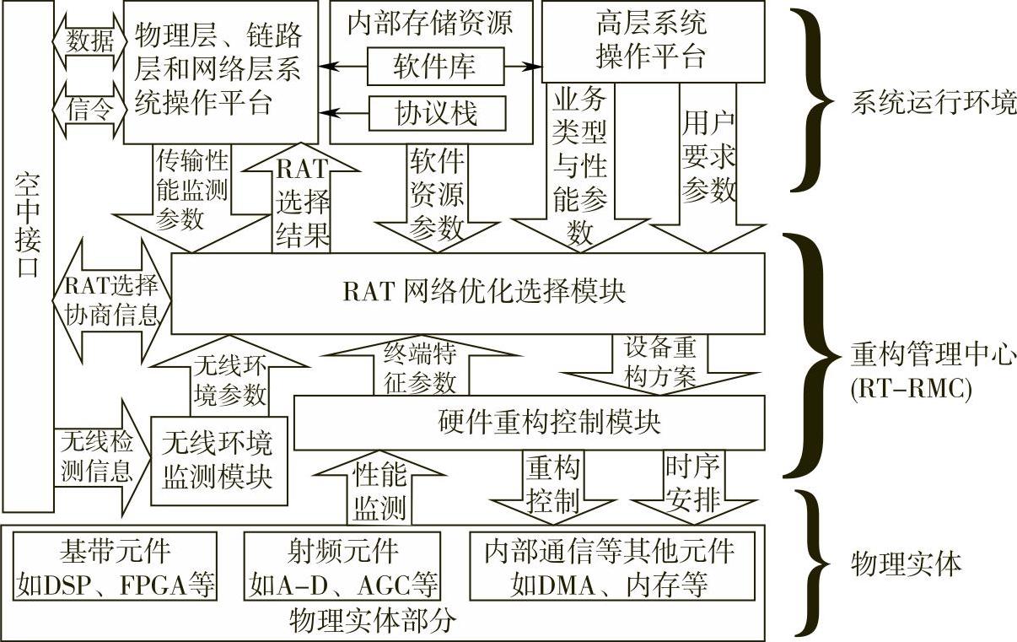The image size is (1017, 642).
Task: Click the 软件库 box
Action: (435, 66)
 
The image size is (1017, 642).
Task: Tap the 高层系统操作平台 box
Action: (652, 40)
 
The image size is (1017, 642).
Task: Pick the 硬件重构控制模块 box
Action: (529, 422)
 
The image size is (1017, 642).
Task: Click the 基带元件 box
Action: (115, 568)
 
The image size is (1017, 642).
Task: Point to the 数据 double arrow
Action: (89, 40)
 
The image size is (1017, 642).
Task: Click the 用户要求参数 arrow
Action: (707, 169)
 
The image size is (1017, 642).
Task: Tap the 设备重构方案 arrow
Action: (659, 363)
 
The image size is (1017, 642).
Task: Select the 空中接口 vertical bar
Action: (28, 253)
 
